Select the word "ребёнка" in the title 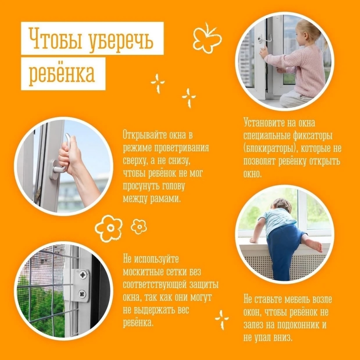coord(62,73)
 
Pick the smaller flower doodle coord(139,226)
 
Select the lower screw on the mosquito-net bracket coord(82,294)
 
